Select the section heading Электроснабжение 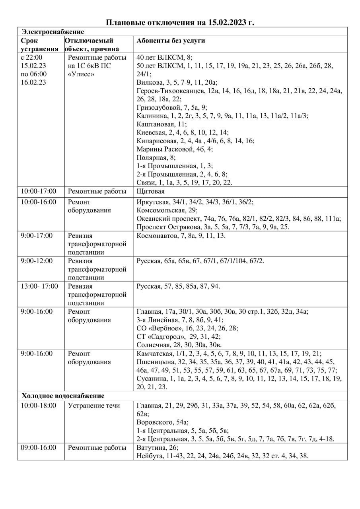[53, 31]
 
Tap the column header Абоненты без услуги [171, 41]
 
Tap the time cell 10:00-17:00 [39, 191]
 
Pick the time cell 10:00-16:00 [39, 202]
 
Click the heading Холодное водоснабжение [63, 396]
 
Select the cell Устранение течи [94, 406]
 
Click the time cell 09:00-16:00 [39, 447]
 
